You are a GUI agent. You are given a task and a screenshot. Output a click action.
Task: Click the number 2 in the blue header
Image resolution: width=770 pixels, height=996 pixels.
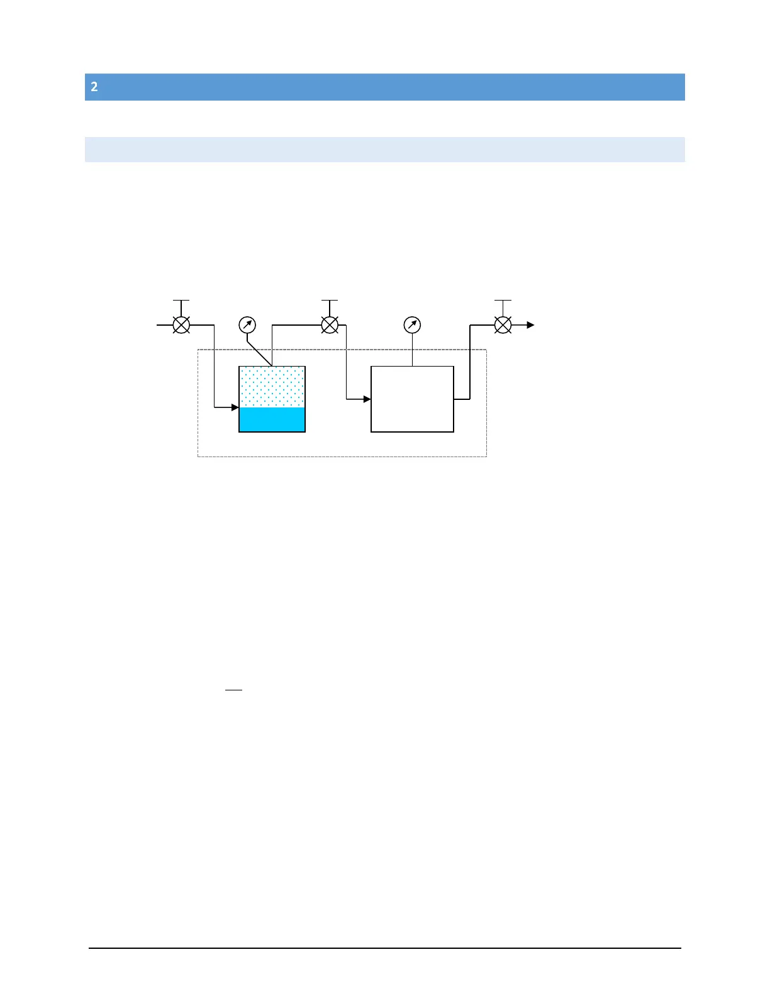pos(94,87)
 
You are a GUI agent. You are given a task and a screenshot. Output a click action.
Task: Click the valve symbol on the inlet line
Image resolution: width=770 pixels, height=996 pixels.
pos(181,325)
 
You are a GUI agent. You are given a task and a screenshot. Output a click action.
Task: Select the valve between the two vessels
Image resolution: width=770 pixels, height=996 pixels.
pos(330,325)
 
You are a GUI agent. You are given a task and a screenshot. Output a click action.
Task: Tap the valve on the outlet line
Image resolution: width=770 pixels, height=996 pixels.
pos(503,325)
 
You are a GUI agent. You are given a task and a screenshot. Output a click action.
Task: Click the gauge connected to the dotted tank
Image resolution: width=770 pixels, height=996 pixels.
pos(247,325)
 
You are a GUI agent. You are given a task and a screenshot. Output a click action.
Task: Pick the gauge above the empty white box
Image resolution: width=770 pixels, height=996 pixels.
pos(412,325)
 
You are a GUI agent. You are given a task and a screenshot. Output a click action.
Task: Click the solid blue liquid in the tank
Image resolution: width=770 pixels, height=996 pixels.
pos(272,419)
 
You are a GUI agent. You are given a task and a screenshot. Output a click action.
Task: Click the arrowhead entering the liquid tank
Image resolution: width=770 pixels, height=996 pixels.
pos(235,407)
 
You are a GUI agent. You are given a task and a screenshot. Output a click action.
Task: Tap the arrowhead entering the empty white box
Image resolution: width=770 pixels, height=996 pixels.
pos(367,399)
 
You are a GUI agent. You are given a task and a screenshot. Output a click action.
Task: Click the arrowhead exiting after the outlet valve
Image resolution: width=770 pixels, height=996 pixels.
pos(531,325)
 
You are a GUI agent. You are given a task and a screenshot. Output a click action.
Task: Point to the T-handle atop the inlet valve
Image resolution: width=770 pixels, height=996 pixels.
pos(181,301)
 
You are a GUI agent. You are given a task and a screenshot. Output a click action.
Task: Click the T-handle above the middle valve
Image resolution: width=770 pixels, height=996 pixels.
pos(330,301)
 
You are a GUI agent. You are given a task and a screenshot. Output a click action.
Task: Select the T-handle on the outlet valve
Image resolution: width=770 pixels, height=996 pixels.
pos(503,301)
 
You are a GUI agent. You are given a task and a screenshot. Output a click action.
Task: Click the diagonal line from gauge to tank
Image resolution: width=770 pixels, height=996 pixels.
pos(259,353)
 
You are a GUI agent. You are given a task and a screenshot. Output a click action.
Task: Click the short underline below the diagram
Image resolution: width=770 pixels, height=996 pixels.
pos(233,690)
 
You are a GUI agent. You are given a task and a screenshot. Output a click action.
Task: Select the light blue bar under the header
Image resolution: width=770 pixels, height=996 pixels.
pos(384,150)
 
